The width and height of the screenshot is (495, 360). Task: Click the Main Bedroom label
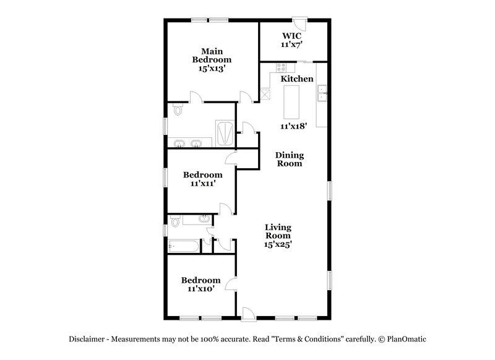[212, 59]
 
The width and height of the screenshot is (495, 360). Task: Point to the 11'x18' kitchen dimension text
[293, 126]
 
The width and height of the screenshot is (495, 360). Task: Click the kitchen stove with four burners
[282, 67]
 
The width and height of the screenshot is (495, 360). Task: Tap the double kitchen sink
[322, 94]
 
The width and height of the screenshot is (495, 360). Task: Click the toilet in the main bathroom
[178, 110]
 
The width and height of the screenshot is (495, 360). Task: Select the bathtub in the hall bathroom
[184, 247]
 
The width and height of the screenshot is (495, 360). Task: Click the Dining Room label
[289, 159]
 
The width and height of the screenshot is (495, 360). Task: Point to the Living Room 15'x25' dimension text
[278, 244]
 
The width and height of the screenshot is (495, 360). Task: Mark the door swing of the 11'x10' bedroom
[230, 285]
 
